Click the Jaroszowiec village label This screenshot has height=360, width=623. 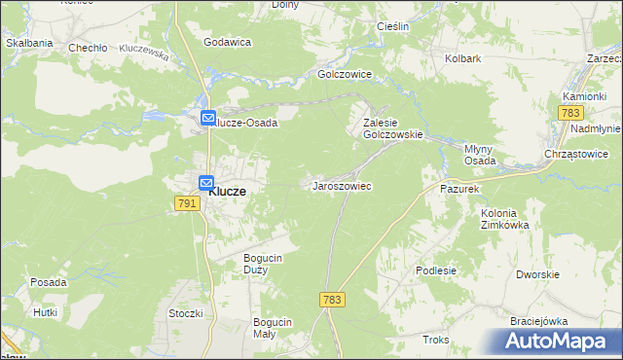point(341,185)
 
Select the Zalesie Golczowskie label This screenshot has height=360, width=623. point(392,129)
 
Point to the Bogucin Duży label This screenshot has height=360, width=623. point(263,263)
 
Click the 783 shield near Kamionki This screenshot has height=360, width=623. point(570,114)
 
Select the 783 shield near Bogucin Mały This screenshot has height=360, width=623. point(331,301)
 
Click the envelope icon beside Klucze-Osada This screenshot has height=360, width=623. point(207,119)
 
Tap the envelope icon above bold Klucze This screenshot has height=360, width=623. point(205,182)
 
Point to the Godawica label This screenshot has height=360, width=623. point(228,42)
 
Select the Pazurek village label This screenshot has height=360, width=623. point(459,188)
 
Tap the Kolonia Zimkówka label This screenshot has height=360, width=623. point(504,218)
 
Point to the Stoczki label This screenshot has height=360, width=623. point(185,313)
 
